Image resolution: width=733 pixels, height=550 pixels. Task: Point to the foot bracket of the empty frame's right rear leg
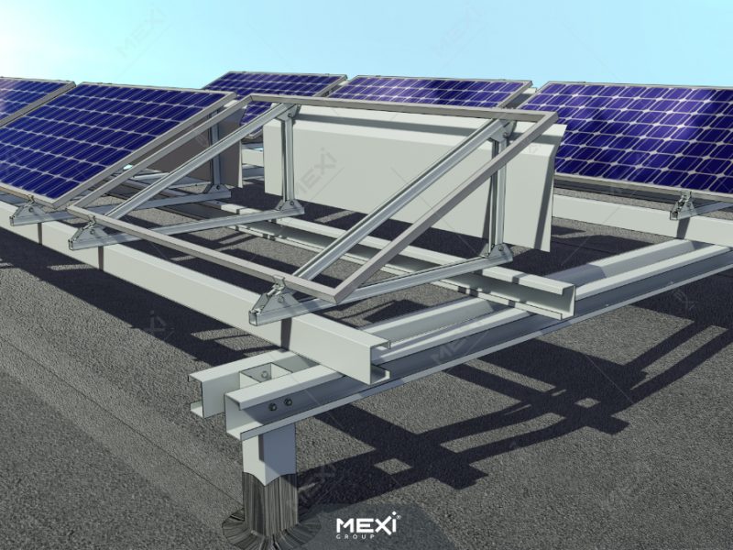[x=500, y=253]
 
